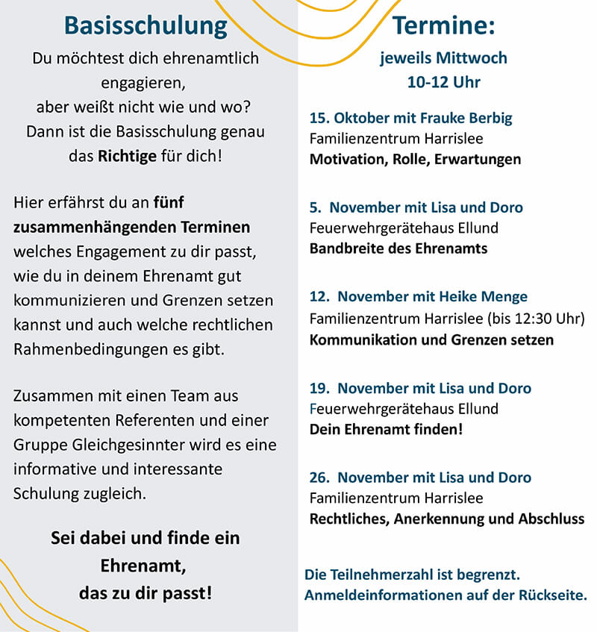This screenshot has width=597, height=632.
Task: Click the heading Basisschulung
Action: pos(146,26)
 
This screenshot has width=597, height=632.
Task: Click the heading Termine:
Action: pos(443,26)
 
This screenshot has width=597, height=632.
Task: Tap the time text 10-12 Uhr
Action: pos(443,82)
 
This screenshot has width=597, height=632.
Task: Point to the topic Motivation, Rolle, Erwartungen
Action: pos(415,159)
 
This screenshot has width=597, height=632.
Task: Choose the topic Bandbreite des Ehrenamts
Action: pos(398,248)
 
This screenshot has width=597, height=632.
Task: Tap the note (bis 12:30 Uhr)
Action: pos(536,319)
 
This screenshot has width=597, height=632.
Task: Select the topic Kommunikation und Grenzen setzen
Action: pos(431,340)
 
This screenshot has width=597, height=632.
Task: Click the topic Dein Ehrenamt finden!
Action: pos(386,430)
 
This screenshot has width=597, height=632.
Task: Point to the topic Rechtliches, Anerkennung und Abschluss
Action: pos(446,519)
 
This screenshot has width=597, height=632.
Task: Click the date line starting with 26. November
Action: pos(420,478)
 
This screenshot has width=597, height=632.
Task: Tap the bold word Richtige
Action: pos(128,157)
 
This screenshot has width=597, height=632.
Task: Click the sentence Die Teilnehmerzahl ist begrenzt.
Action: pos(412,575)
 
